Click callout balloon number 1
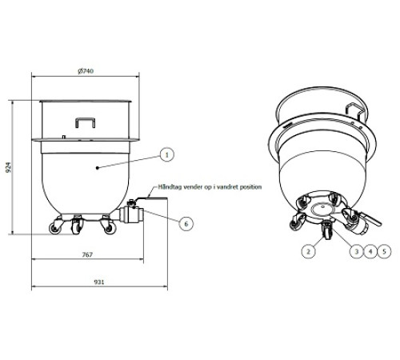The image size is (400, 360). (166, 153)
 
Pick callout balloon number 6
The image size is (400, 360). (186, 223)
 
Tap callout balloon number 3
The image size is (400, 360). (356, 251)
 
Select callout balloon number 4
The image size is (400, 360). (370, 251)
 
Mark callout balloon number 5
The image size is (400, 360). (385, 251)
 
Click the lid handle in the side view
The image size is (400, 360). (83, 122)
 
